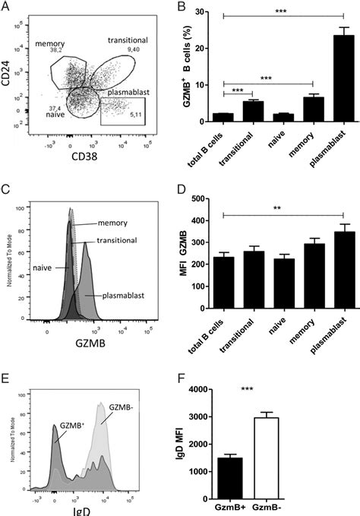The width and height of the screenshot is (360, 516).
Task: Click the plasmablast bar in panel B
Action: pyautogui.click(x=328, y=79)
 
